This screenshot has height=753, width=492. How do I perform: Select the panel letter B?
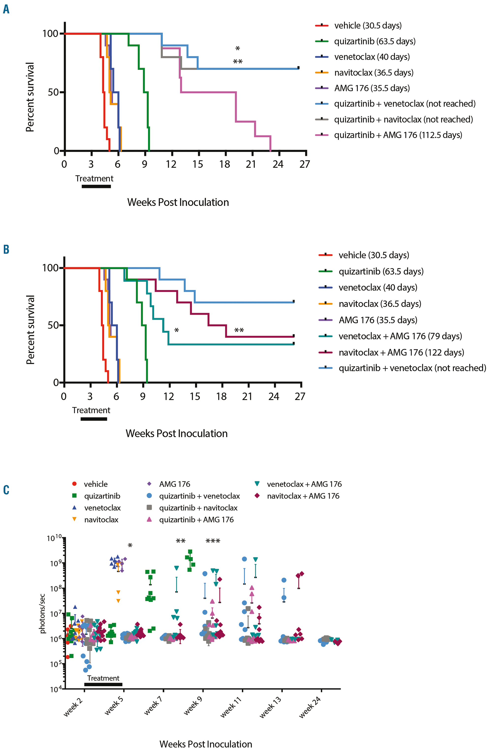click(x=6, y=249)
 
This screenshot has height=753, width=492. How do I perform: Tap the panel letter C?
click(x=6, y=490)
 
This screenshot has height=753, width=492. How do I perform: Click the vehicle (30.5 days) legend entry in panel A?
click(x=368, y=25)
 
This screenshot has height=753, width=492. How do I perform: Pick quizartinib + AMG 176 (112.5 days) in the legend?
click(x=398, y=135)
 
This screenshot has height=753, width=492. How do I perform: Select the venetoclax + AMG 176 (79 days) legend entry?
click(x=400, y=336)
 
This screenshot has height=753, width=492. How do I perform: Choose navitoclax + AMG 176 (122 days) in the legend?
click(x=401, y=352)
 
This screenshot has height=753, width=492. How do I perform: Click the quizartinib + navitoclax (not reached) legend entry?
click(x=403, y=119)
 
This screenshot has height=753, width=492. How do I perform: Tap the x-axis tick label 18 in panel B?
click(x=221, y=396)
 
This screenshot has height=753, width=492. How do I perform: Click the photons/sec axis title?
click(x=42, y=614)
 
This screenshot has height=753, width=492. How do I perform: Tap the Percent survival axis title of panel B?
click(x=30, y=330)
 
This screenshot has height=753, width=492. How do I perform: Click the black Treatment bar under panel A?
click(x=96, y=186)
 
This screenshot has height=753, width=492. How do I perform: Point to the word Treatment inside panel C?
click(x=103, y=678)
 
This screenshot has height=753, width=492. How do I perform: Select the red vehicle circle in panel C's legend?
click(x=74, y=484)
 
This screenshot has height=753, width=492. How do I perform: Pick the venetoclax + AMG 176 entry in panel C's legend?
click(x=304, y=484)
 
